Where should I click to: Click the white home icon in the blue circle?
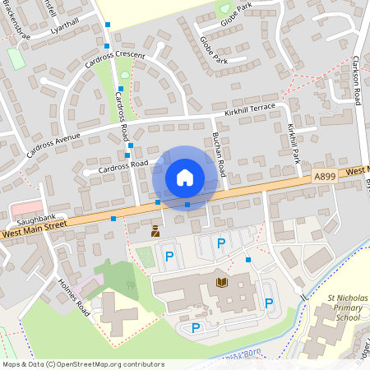coord(185,177)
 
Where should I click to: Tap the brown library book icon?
coord(221,282)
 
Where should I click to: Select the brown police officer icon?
coord(155,232)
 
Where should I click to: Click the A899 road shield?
coord(325,176)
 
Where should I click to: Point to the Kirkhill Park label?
coord(294,141)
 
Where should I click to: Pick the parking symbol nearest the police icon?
coord(169,256)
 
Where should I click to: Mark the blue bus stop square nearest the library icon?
coord(248,261)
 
